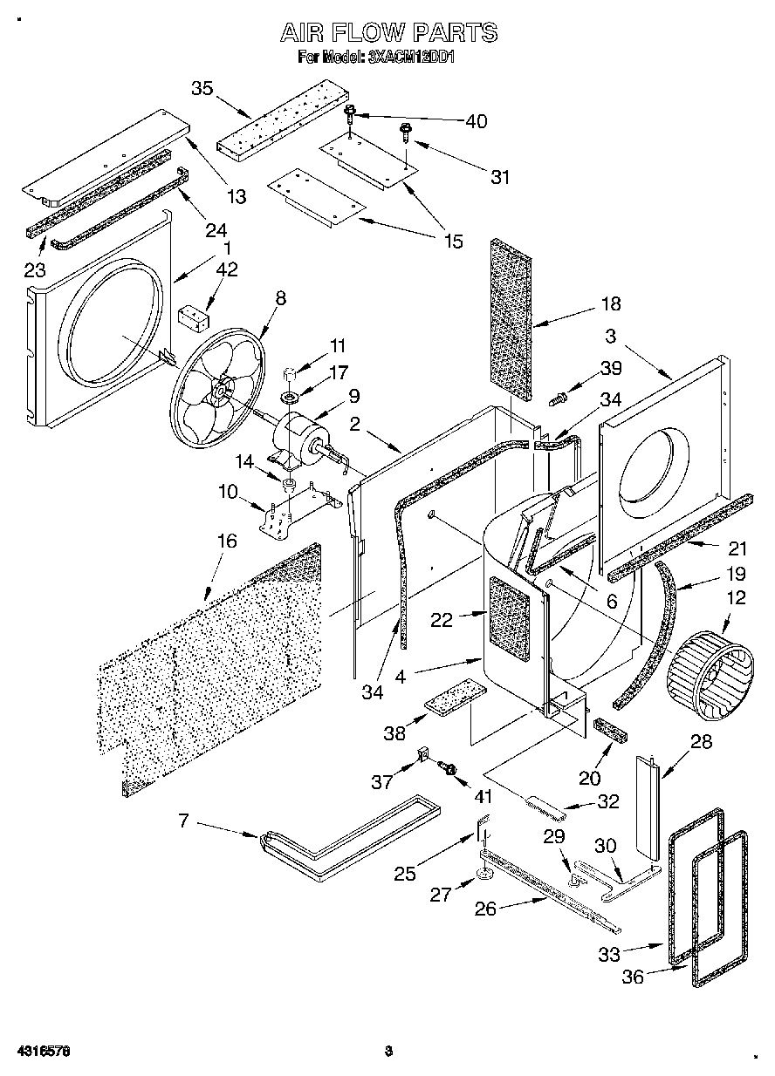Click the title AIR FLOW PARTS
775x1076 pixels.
tap(388, 33)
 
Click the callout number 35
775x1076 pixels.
tap(202, 89)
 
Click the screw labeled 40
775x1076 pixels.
tap(351, 112)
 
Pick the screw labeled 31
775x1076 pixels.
tap(406, 132)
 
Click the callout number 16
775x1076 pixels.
tap(226, 541)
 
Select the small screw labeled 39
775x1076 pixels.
tap(557, 398)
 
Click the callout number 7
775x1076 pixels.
tap(184, 821)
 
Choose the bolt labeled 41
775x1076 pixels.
tap(450, 767)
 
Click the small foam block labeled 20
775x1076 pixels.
tap(611, 731)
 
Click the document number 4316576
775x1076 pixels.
tap(36, 1051)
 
